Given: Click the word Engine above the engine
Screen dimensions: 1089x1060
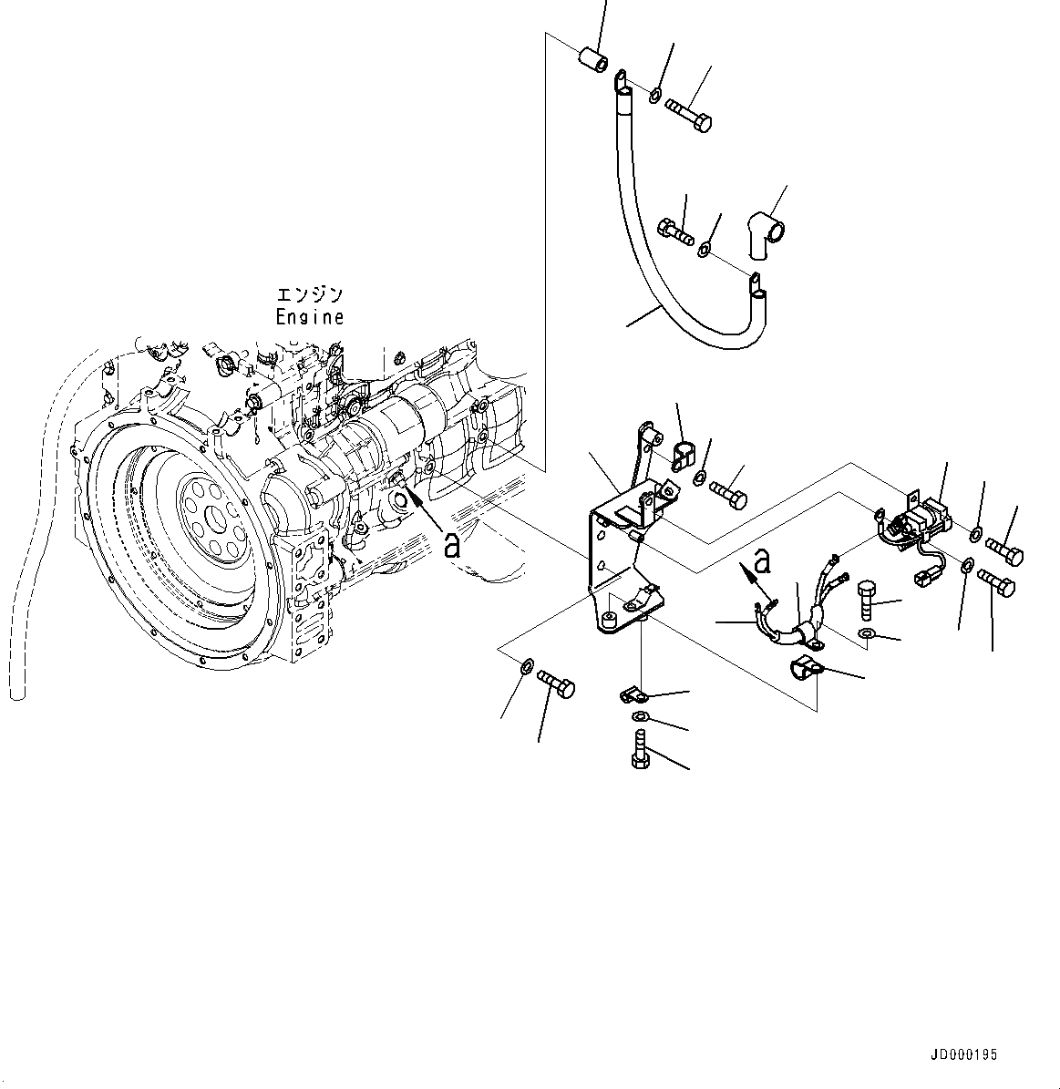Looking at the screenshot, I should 310,317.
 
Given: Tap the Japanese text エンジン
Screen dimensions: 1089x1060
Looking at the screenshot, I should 310,295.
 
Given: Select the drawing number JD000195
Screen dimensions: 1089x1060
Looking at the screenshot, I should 963,1055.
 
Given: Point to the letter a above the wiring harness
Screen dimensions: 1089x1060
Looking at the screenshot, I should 764,562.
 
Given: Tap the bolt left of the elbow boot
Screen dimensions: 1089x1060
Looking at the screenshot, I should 674,228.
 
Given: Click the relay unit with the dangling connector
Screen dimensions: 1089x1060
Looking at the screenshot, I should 922,524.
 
